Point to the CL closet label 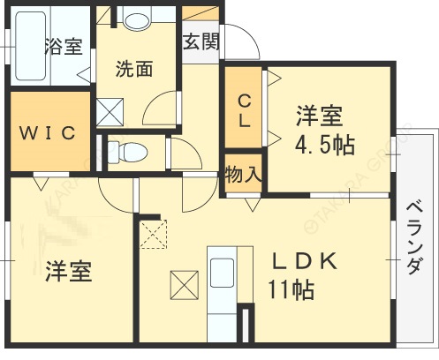[242, 112]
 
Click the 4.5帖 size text [325, 145]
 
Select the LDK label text [305, 261]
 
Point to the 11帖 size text [291, 288]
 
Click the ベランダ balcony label [413, 238]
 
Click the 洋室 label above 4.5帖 [319, 116]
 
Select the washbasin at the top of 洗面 [136, 19]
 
